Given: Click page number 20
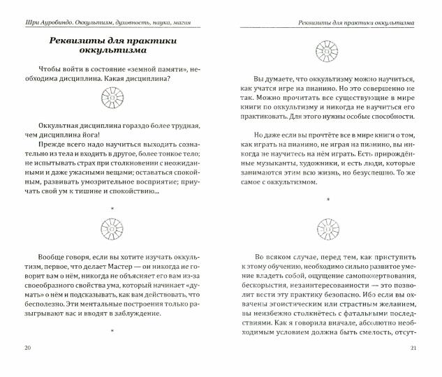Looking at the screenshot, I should pos(27,348).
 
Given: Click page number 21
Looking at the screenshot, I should pos(413,348).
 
